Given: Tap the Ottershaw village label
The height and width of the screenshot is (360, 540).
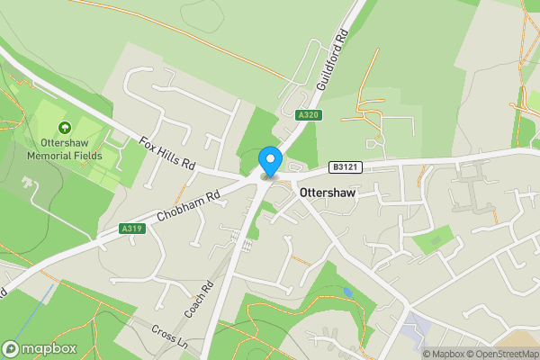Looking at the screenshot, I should click(330, 193).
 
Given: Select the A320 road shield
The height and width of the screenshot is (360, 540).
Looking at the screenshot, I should click(309, 114).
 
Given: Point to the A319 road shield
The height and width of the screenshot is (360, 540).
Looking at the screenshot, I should click(131, 229).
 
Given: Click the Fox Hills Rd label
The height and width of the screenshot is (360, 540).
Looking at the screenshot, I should click(167, 153).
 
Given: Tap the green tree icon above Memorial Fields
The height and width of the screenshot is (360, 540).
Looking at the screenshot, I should click(64, 129).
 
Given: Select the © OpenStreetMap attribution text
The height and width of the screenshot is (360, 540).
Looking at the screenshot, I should click(504, 354).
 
